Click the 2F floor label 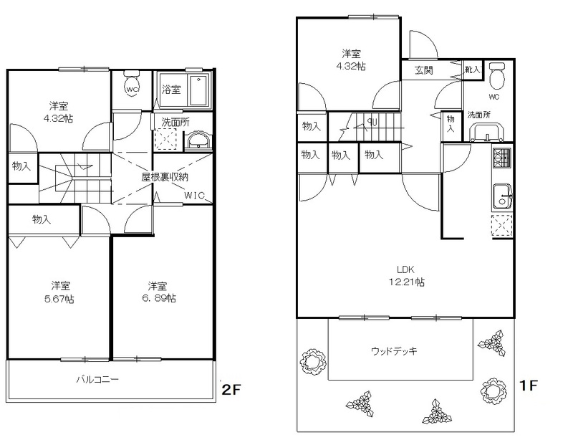click(231, 390)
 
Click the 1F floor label click(529, 385)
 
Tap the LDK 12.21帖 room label click(405, 276)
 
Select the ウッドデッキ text click(394, 351)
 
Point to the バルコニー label click(97, 379)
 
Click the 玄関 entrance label click(424, 70)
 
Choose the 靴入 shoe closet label click(472, 70)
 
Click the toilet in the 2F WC click(132, 84)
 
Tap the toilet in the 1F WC click(496, 75)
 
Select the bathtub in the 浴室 click(199, 90)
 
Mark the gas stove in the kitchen click(502, 157)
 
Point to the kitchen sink click(503, 197)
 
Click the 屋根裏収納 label click(165, 178)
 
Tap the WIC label click(194, 196)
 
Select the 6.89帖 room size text click(158, 298)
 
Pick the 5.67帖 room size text click(59, 299)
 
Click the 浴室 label click(171, 90)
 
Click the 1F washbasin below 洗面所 click(487, 133)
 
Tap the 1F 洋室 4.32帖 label click(351, 60)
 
